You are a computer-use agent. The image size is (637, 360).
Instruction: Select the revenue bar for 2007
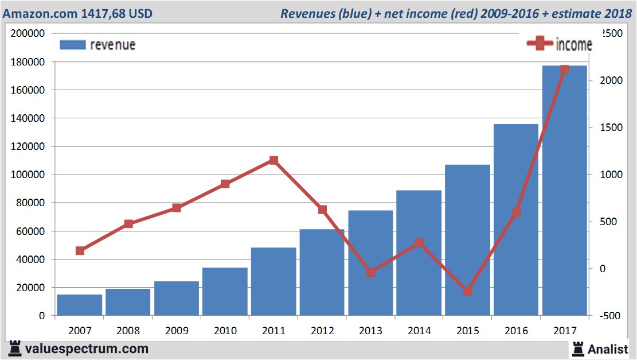79,305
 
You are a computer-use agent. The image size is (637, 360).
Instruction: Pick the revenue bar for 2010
225,292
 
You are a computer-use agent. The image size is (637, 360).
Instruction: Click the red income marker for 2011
273,161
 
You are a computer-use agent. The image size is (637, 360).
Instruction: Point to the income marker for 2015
468,291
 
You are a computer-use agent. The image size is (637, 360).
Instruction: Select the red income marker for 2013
370,272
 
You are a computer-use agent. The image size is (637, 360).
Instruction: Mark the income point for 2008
128,223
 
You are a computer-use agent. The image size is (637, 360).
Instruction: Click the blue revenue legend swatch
72,45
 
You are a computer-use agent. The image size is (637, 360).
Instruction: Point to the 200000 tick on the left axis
28,33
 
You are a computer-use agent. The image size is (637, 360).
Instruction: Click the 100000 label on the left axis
28,175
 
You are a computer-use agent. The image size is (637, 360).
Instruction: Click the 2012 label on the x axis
322,331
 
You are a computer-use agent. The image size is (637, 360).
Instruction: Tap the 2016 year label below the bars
516,331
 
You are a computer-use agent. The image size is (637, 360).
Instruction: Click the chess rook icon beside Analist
577,348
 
